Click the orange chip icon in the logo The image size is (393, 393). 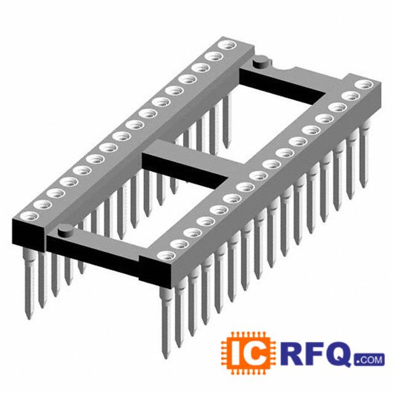click(x=248, y=353)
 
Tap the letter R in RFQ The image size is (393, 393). click(x=292, y=354)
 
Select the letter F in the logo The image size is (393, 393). click(x=315, y=354)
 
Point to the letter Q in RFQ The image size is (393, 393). click(x=338, y=354)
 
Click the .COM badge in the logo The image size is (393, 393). click(x=370, y=360)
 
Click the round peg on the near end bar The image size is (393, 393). click(x=66, y=230)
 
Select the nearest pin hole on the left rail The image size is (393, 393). click(x=30, y=216)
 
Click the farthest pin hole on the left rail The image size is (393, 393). click(x=227, y=45)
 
